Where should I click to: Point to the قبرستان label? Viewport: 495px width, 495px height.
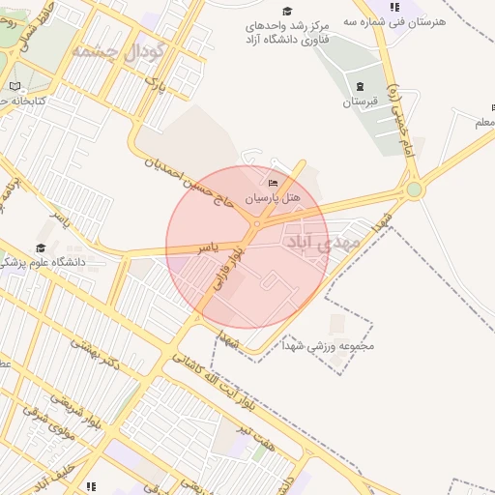[x=360, y=102]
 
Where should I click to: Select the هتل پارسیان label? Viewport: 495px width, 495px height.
[x=272, y=197]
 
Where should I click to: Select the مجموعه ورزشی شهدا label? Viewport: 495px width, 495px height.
[x=329, y=345]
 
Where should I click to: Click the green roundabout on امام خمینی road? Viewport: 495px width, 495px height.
[x=414, y=189]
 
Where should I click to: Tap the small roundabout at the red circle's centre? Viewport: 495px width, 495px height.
[x=255, y=224]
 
